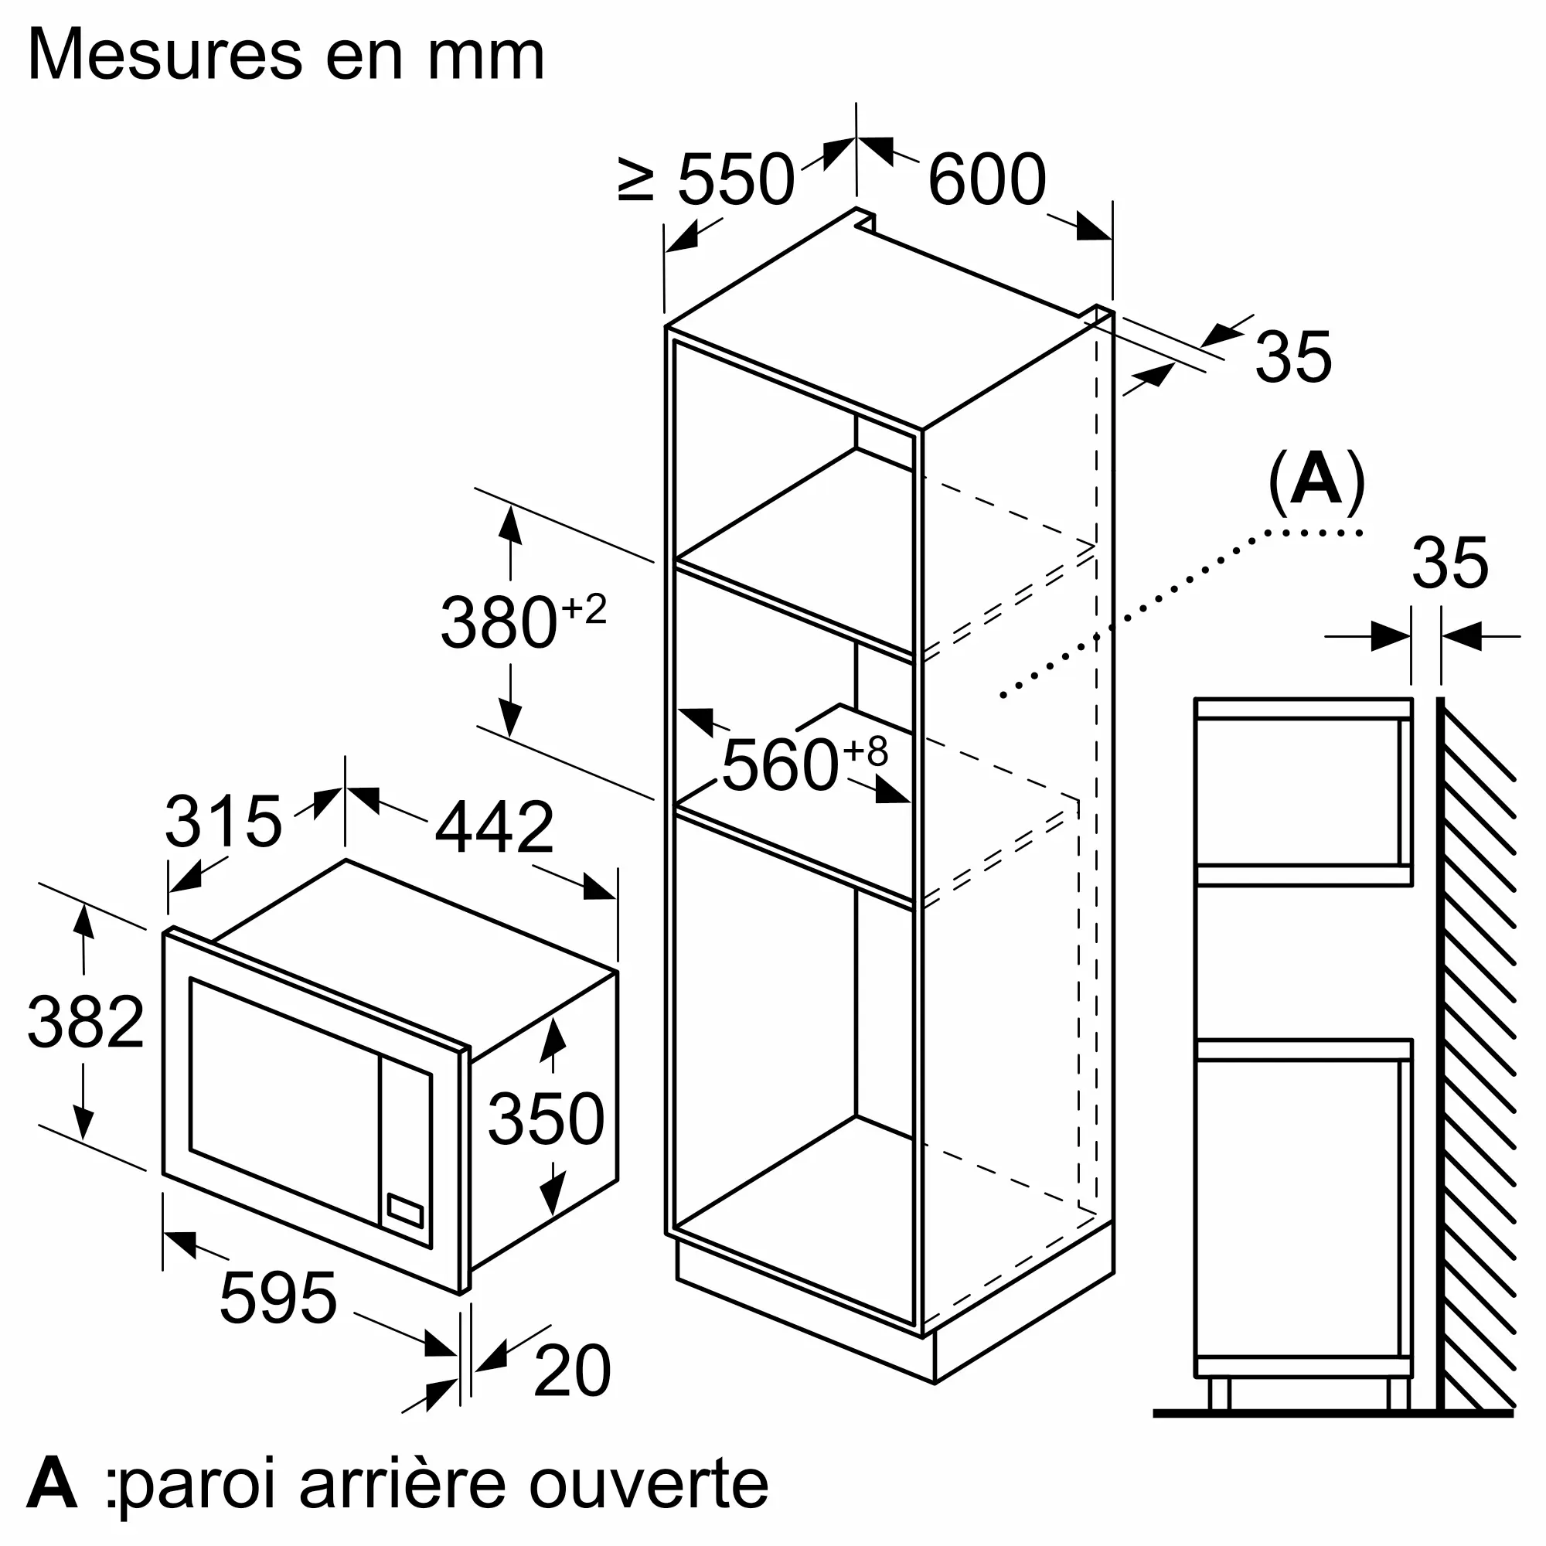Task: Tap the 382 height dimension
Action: click(x=86, y=1022)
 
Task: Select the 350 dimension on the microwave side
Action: click(x=546, y=1119)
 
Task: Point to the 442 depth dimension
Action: click(x=494, y=826)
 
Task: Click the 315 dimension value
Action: click(x=223, y=821)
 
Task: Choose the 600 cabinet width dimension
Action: click(x=986, y=179)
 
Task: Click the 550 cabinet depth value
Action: click(x=736, y=179)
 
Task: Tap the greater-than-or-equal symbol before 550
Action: click(x=637, y=179)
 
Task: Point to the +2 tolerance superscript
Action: click(x=584, y=609)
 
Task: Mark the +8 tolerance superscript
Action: click(x=866, y=751)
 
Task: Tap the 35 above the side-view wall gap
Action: click(x=1450, y=563)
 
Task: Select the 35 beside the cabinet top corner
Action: click(x=1293, y=356)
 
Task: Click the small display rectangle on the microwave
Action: click(x=405, y=1211)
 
